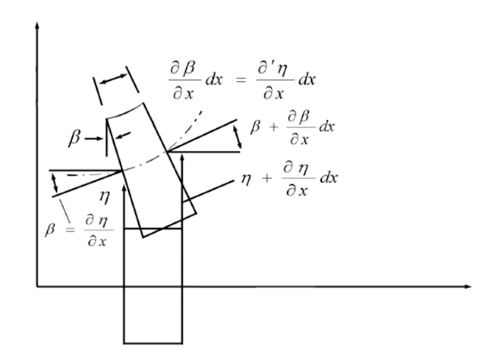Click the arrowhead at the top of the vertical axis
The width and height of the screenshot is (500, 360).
tap(37, 25)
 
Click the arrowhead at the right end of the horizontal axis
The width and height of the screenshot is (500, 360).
tap(467, 287)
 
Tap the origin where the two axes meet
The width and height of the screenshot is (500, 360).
tap(37, 287)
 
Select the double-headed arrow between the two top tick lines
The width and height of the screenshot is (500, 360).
tap(113, 79)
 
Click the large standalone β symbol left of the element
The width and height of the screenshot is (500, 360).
tap(74, 137)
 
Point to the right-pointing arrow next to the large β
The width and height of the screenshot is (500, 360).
tap(94, 138)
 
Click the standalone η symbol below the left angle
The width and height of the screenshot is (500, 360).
tap(105, 197)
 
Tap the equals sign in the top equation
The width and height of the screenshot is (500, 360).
tap(241, 80)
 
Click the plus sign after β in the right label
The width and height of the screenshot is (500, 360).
tap(273, 127)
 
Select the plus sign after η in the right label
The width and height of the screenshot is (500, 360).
tap(267, 178)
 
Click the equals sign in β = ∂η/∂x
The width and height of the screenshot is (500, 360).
tap(70, 230)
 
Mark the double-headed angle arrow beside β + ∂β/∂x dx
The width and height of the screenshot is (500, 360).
tap(237, 137)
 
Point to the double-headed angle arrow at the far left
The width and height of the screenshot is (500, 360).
tap(55, 183)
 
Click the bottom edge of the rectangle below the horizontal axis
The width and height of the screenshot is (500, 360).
tap(153, 344)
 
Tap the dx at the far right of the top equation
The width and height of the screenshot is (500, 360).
tap(307, 80)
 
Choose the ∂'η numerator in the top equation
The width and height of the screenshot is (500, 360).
tap(273, 68)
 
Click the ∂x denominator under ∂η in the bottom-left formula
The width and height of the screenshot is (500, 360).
tap(97, 241)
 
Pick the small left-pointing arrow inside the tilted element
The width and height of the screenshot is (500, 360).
tap(123, 135)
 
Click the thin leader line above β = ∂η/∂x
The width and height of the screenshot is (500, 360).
tap(65, 211)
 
